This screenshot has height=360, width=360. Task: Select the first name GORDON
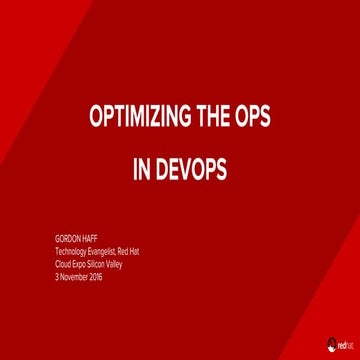pos(67,240)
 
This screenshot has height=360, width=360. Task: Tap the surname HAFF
pos(88,240)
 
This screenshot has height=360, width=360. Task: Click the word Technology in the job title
pos(72,252)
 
